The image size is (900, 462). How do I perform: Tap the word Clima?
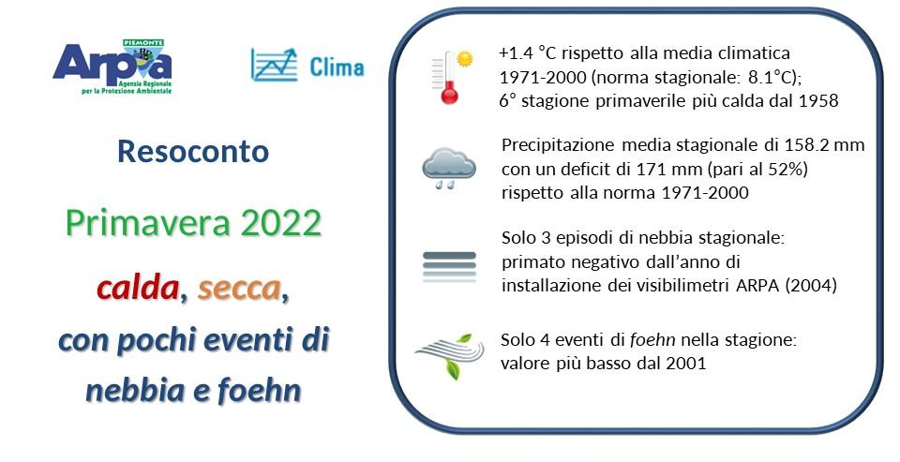[x=337, y=67]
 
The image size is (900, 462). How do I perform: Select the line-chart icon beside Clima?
[x=274, y=64]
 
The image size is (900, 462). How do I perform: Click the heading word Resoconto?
[x=193, y=152]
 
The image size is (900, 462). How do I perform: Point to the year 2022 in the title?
[x=281, y=223]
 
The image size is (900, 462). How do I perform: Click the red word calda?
[x=138, y=290]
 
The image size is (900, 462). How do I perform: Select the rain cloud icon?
[x=448, y=168]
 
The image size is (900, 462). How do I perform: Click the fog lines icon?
[x=449, y=266]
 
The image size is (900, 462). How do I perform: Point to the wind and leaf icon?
[x=448, y=354]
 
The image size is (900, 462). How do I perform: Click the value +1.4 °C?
[x=528, y=52]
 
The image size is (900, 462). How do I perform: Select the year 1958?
[x=816, y=100]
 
